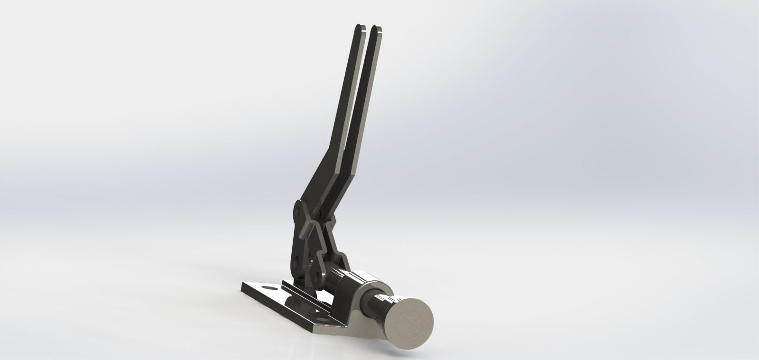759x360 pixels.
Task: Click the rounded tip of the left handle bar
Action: [x=361, y=28]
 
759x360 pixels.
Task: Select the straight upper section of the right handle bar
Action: [x=364, y=95]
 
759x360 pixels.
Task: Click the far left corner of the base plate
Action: [x=243, y=285]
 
